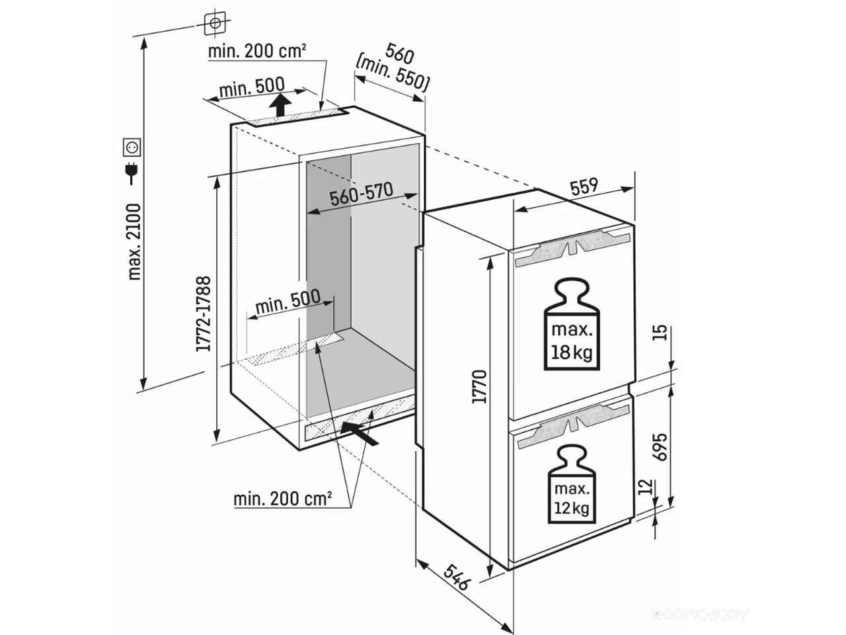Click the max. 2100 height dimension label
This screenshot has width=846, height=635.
135,242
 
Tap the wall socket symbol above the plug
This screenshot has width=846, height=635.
132,148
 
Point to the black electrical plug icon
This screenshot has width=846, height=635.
132,173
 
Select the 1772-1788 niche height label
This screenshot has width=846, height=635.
203,314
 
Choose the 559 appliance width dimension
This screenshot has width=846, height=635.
584,187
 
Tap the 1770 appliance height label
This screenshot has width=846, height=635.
479,387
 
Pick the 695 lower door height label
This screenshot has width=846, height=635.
659,447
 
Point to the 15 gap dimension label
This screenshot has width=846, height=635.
660,333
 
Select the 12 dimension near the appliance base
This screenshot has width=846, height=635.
648,487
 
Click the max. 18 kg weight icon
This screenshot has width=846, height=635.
572,324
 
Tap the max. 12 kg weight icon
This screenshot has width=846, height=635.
572,485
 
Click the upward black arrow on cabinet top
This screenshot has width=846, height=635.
280,105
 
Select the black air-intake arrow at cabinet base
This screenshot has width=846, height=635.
359,433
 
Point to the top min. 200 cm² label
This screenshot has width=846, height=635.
258,52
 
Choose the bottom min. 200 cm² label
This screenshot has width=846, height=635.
282,499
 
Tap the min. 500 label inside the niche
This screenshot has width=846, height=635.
288,302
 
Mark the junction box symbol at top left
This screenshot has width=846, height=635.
215,23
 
